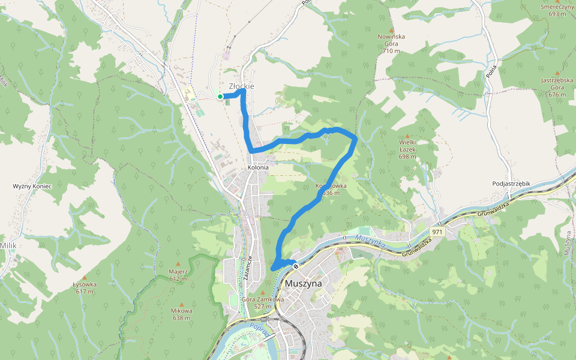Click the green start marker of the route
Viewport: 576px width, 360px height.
[x=220, y=97]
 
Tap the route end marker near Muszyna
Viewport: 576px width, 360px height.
[x=295, y=266]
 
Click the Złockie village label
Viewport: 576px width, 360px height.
[x=242, y=86]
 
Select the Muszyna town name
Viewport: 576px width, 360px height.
[x=304, y=283]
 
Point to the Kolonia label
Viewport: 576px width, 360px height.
[x=258, y=167]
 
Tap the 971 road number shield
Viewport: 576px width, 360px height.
[x=437, y=231]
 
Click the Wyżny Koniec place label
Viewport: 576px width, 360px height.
[x=32, y=187]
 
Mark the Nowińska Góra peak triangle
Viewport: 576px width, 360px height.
[x=391, y=29]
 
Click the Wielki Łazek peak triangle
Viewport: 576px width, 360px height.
[x=408, y=136]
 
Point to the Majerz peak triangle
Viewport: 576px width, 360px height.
[x=178, y=263]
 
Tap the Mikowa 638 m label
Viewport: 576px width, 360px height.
[x=181, y=314]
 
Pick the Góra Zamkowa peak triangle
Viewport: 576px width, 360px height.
[x=262, y=292]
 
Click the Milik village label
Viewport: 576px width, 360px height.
[x=8, y=246]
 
